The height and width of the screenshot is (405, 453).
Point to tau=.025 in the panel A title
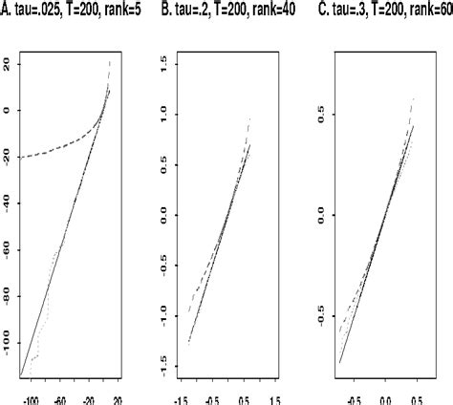40,10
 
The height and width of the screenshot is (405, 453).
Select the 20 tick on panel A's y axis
6,63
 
